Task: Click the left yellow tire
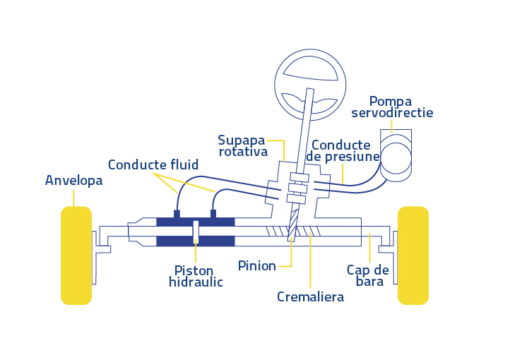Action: coord(76,255)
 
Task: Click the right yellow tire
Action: coord(413,255)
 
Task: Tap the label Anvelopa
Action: coord(74,180)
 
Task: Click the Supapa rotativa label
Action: coord(243,145)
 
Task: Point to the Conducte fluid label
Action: coord(153,164)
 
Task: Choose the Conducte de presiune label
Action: coord(346,150)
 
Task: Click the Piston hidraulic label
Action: coord(196,276)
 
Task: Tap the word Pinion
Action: coord(256,266)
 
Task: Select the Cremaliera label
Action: coord(310,296)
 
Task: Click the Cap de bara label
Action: coord(367,275)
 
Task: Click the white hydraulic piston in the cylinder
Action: coord(196,231)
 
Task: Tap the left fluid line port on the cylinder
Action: coord(177,213)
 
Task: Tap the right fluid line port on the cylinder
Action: coord(213,213)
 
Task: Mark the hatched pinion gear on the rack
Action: coord(292,230)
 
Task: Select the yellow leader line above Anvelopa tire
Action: coord(73,198)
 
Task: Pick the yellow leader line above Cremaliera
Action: coord(310,261)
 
